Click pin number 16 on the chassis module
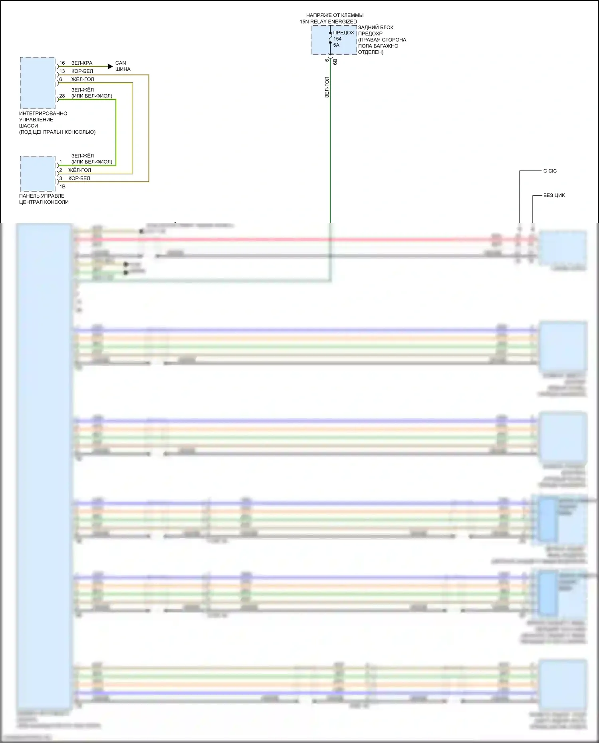(62, 63)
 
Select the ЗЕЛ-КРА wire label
(82, 63)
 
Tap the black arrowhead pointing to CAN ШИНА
(110, 66)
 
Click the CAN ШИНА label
(123, 66)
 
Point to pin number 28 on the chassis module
(62, 96)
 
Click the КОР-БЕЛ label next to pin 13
(82, 71)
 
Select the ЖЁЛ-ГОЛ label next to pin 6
(83, 79)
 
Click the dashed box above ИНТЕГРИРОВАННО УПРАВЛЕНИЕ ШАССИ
(38, 83)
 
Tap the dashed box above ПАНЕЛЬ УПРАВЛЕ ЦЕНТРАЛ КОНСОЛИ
(38, 174)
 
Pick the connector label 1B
(62, 186)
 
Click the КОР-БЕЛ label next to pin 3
(79, 178)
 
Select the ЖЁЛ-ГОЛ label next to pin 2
(79, 170)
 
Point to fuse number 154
(337, 39)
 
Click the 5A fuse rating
(336, 45)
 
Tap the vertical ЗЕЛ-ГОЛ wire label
(327, 87)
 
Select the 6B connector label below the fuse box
(335, 61)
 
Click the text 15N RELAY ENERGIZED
(328, 22)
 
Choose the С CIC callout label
(550, 171)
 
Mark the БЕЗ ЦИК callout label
(554, 196)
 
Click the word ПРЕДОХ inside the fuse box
(343, 33)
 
